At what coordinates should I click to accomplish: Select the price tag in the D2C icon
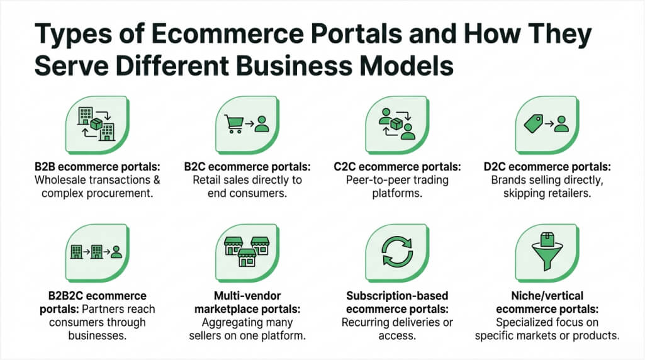(534, 123)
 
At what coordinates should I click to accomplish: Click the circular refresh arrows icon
(397, 251)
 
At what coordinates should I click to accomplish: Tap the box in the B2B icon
(96, 123)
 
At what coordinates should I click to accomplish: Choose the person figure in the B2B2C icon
(116, 252)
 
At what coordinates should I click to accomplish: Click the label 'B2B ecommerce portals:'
(98, 167)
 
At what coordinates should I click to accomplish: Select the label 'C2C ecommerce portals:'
(397, 167)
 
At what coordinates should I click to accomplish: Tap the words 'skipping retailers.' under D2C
(547, 193)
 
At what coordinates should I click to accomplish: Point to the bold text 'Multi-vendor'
(247, 295)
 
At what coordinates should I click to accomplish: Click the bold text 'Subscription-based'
(397, 295)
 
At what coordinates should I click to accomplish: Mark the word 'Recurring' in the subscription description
(366, 322)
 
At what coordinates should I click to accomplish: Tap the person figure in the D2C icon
(561, 123)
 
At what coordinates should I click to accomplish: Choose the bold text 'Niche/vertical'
(547, 295)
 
